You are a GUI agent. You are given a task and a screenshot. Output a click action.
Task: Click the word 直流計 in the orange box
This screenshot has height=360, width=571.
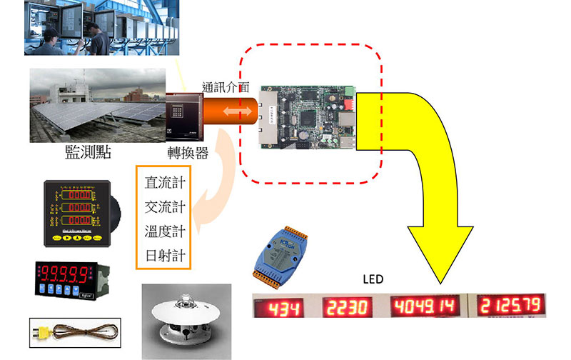click(x=164, y=182)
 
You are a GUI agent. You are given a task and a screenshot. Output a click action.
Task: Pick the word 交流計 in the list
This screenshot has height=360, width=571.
click(x=164, y=207)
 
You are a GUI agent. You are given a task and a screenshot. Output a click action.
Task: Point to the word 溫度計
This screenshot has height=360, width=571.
click(x=164, y=231)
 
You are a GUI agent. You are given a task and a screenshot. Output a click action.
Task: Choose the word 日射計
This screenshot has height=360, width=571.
click(x=164, y=256)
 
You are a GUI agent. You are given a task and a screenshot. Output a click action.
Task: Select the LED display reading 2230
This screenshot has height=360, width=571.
click(x=350, y=309)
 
